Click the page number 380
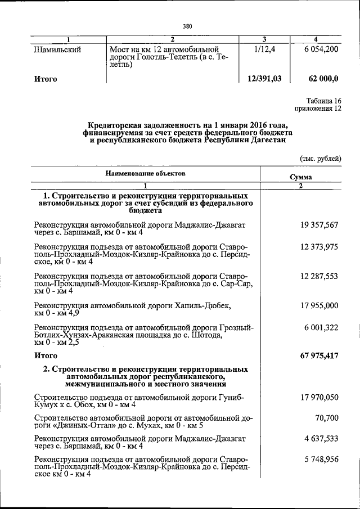click(188, 25)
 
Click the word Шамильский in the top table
click(58, 50)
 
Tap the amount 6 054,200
click(319, 49)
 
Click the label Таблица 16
click(323, 99)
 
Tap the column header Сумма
click(301, 177)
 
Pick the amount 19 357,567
click(319, 224)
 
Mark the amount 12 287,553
click(319, 276)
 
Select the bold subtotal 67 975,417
click(318, 356)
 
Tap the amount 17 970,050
click(319, 397)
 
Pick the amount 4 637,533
click(321, 438)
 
